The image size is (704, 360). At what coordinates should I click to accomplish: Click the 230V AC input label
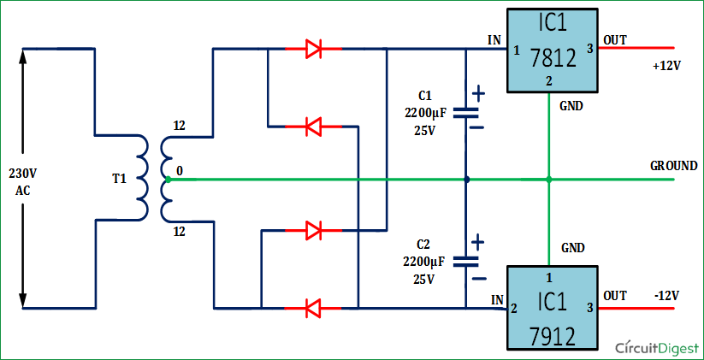pos(23,181)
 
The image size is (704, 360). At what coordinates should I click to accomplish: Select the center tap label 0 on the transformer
pos(179,172)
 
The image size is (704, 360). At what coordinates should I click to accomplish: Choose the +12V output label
pos(665,67)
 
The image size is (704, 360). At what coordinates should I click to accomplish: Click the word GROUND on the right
pos(673,165)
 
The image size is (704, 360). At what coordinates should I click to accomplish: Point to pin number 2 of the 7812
pos(548,81)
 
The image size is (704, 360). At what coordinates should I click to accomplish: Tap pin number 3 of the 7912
pos(589,307)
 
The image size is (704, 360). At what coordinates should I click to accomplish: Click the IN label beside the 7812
pos(494,40)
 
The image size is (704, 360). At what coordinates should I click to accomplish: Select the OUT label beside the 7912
pos(615,295)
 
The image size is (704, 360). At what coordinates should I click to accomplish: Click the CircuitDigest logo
pos(655,346)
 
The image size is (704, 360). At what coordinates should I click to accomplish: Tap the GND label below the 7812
pos(572,107)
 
